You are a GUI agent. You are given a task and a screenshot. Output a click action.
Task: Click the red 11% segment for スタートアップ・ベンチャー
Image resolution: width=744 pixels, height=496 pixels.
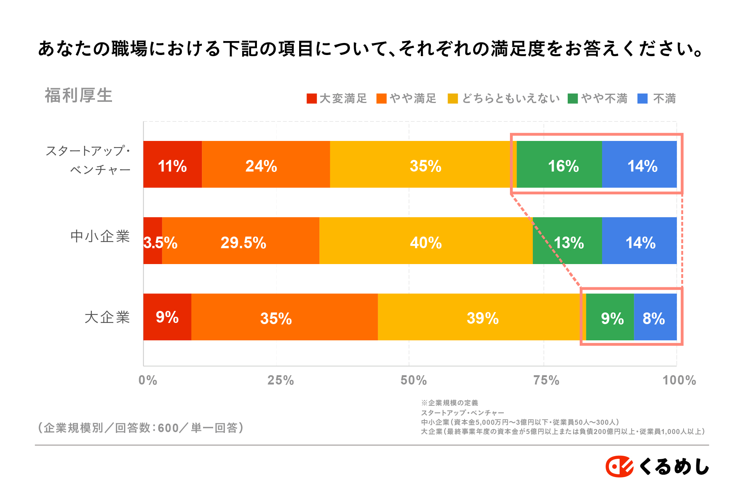point(172,165)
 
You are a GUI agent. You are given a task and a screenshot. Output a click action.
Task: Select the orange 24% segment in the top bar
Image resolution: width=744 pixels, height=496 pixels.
point(266,165)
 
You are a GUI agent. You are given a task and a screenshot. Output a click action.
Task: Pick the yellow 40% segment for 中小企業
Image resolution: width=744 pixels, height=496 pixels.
point(426,241)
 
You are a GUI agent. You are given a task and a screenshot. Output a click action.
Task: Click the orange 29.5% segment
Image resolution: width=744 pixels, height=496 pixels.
point(241,241)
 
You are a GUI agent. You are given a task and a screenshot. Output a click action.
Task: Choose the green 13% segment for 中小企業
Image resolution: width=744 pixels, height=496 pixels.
point(567,241)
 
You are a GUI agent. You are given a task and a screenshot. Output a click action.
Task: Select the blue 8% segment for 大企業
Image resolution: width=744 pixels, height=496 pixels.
point(655,317)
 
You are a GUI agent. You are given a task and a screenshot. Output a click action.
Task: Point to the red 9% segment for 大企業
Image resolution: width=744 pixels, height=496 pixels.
point(167,317)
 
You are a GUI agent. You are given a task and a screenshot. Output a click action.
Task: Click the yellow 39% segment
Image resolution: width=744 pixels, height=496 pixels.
point(482,317)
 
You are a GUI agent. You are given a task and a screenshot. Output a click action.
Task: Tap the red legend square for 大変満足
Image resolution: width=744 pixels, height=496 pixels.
point(312,99)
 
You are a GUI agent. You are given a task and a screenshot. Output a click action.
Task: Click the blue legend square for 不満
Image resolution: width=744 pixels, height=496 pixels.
point(642,99)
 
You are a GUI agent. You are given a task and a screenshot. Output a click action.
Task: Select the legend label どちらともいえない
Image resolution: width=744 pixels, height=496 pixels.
point(511,99)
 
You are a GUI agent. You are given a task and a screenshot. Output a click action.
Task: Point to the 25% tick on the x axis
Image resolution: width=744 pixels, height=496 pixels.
point(281,380)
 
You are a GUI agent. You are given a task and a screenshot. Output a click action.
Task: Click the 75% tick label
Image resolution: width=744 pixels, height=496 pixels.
point(546,380)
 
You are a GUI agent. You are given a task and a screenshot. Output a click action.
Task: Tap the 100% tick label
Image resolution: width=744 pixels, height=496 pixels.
point(679,380)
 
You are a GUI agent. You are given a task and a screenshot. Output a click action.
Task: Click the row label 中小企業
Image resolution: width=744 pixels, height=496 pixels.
point(100,236)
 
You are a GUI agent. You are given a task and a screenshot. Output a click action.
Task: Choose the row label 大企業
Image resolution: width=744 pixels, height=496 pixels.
point(107,317)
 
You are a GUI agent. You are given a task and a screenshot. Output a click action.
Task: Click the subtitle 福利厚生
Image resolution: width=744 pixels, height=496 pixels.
point(79,95)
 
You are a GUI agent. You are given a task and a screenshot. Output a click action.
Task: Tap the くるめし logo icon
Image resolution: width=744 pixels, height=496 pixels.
point(619,466)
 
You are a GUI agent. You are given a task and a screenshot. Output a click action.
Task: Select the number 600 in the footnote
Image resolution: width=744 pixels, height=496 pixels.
point(168,428)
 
